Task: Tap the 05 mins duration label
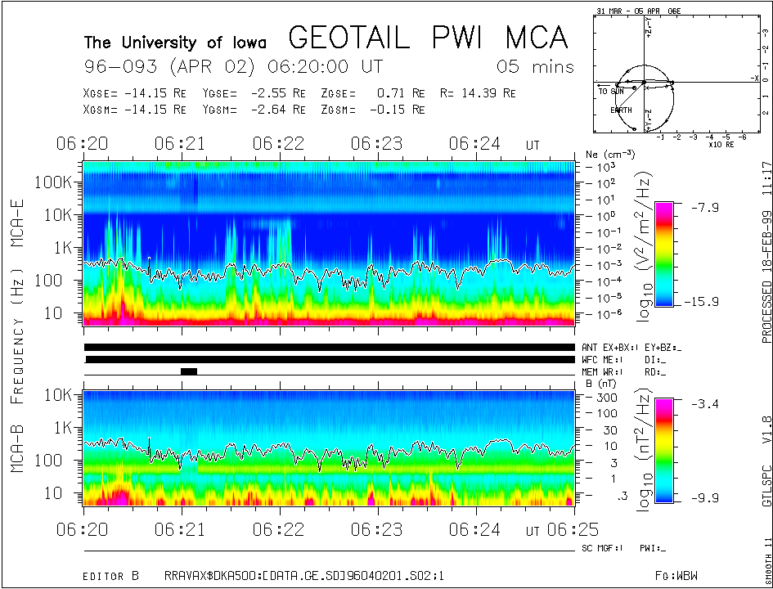point(536,66)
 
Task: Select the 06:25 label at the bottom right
point(555,529)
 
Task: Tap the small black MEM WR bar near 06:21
point(189,371)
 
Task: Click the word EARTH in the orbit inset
point(621,110)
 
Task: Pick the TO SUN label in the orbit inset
point(611,92)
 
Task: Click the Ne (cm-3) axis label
point(605,155)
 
